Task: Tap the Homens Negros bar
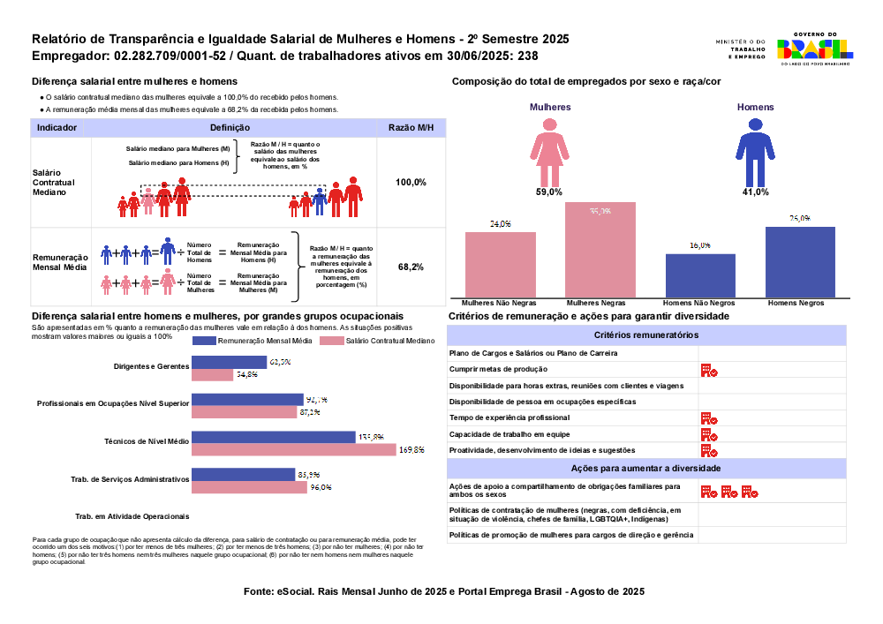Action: (800, 262)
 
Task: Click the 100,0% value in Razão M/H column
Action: (411, 182)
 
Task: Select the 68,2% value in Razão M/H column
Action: (411, 267)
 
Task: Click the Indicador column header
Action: (57, 128)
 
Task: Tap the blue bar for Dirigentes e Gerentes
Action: (229, 362)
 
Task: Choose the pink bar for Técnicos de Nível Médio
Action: (294, 450)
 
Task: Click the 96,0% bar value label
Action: (321, 487)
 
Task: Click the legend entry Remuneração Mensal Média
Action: (257, 341)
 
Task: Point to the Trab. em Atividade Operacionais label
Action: (132, 516)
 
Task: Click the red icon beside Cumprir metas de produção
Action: (708, 371)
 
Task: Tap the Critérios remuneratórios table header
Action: (646, 335)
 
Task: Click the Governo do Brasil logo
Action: (813, 50)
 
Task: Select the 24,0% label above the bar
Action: (501, 224)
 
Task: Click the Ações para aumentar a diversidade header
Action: (646, 468)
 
